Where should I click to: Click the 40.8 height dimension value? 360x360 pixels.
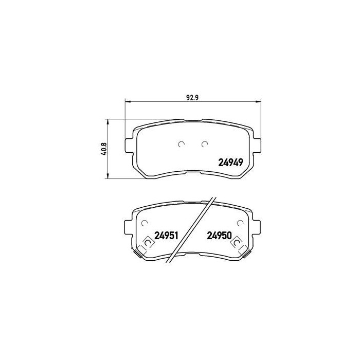point(103,150)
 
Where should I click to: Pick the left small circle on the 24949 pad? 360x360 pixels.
point(181,144)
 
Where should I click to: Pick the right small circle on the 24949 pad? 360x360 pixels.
point(205,144)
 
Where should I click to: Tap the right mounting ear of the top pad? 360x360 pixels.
point(256,144)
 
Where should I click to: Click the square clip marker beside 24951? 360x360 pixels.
point(147,241)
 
